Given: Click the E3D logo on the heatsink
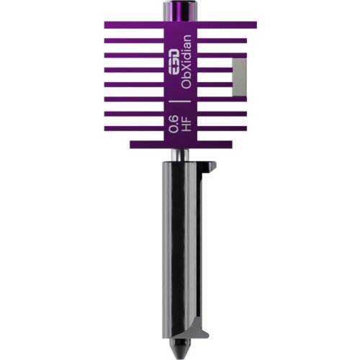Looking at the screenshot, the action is (x=173, y=61).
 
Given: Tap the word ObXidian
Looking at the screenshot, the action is (x=186, y=62).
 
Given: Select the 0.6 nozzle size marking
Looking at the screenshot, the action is (x=174, y=124).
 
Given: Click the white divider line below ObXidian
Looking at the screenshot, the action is (x=180, y=102).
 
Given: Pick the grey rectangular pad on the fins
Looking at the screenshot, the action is (x=239, y=77).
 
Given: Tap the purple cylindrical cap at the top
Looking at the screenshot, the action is (x=180, y=12).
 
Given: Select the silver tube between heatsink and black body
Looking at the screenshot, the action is (x=180, y=155).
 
